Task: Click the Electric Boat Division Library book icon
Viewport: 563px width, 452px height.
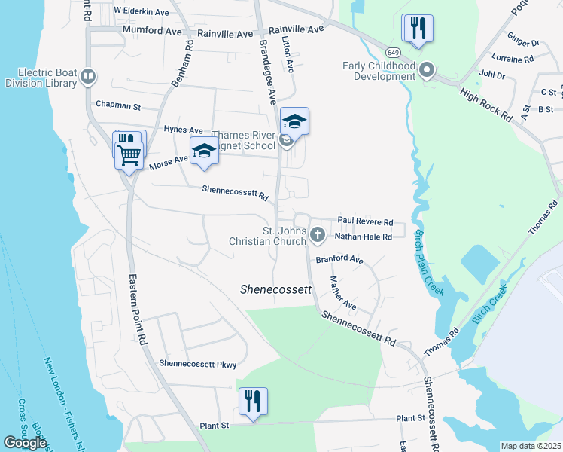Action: click(x=88, y=77)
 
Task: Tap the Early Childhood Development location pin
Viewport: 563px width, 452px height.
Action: click(x=427, y=71)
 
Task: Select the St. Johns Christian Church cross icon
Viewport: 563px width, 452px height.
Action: click(x=317, y=236)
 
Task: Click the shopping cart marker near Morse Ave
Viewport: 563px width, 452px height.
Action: click(x=129, y=155)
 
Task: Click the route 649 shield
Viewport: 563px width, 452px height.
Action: click(x=394, y=52)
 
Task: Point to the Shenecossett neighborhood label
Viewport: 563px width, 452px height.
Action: click(x=276, y=289)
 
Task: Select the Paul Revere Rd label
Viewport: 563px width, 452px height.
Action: click(x=365, y=222)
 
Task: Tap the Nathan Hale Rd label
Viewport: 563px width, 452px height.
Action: click(x=364, y=237)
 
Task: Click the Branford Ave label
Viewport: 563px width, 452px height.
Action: click(x=339, y=260)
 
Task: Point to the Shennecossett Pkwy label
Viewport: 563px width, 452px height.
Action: click(x=197, y=365)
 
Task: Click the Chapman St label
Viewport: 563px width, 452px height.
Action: click(x=118, y=106)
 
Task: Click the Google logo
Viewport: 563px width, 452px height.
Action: click(x=25, y=442)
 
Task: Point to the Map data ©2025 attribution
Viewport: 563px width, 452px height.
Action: click(x=531, y=446)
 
